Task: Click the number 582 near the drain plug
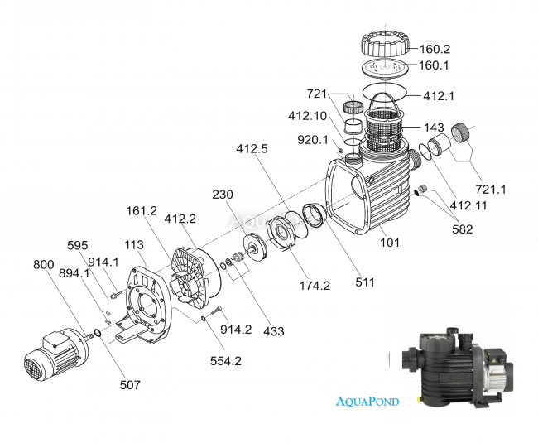[x=458, y=229]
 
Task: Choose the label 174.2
[x=315, y=286]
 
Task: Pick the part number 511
[x=365, y=282]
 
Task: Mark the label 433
[x=272, y=331]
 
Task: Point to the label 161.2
[x=142, y=211]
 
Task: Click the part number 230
[x=223, y=195]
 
